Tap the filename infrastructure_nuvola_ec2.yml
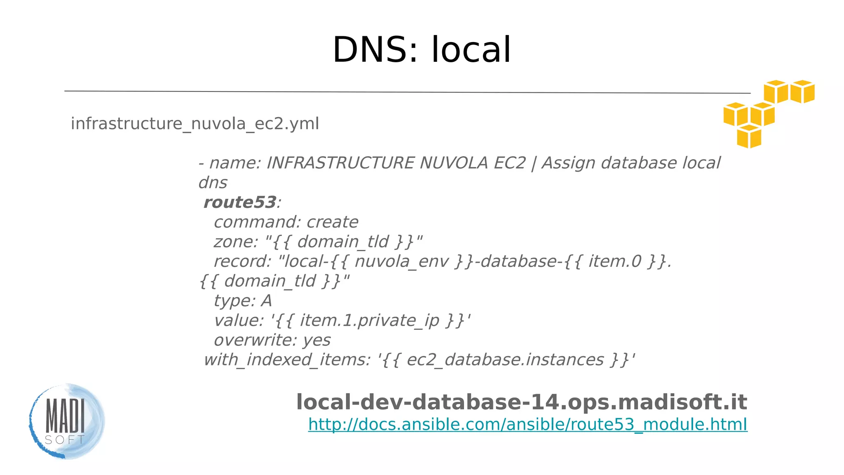click(195, 124)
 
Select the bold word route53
click(239, 202)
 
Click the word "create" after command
click(332, 222)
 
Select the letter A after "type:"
click(266, 301)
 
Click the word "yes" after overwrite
click(316, 340)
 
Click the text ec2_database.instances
click(505, 360)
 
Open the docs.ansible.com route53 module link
click(527, 424)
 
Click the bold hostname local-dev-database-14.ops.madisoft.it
click(521, 402)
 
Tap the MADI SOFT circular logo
click(67, 421)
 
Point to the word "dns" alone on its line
click(213, 183)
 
